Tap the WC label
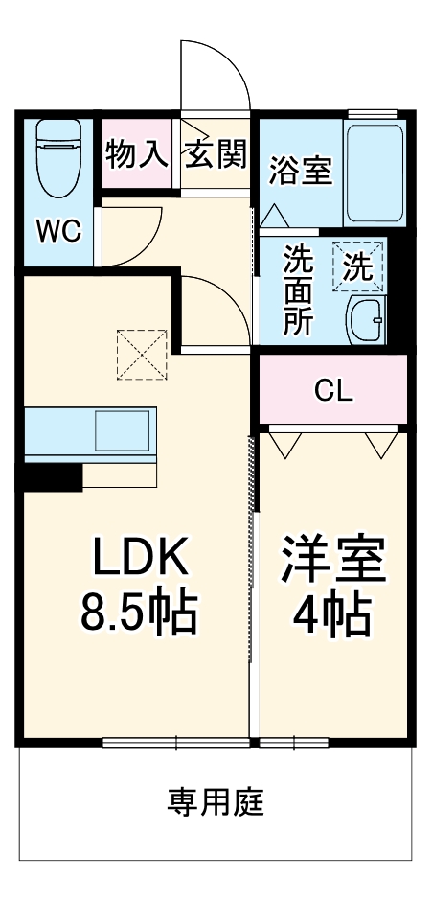pyautogui.click(x=58, y=231)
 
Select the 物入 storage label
pyautogui.click(x=137, y=153)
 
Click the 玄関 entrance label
pyautogui.click(x=216, y=153)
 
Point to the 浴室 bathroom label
pyautogui.click(x=301, y=171)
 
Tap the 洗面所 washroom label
pyautogui.click(x=299, y=291)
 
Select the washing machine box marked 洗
pyautogui.click(x=358, y=266)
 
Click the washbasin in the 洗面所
pyautogui.click(x=366, y=320)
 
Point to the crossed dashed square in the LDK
pyautogui.click(x=142, y=355)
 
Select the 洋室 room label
pyautogui.click(x=332, y=558)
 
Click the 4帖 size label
pyautogui.click(x=332, y=613)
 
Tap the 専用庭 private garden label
pyautogui.click(x=216, y=802)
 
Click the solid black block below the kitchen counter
pyautogui.click(x=53, y=477)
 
